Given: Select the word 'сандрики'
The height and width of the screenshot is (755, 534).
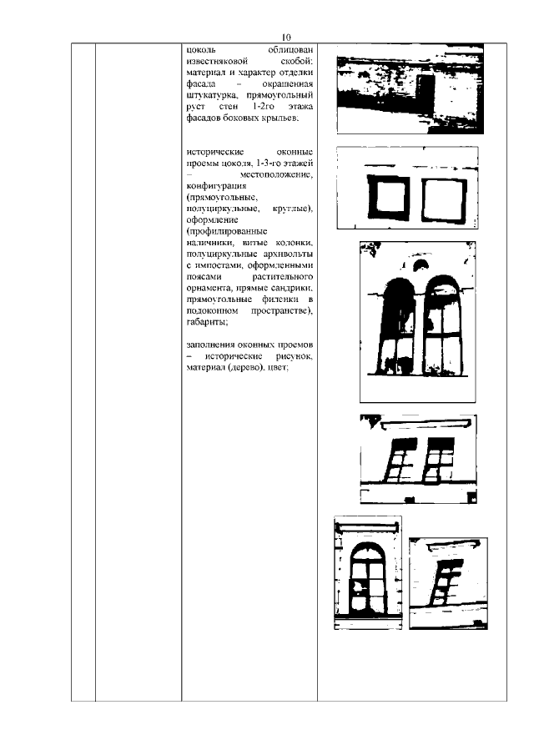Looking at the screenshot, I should [x=290, y=287].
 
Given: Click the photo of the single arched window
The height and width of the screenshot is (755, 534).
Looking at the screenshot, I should [x=367, y=574].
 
